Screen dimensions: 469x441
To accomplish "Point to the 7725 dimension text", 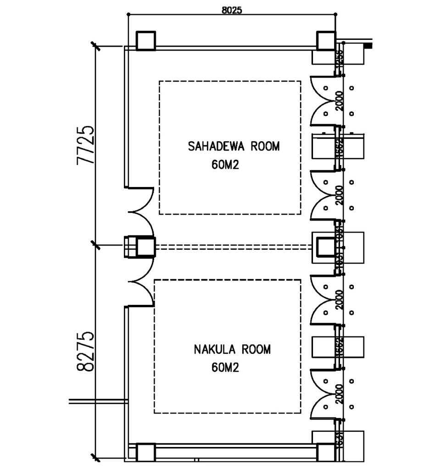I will (x=86, y=144).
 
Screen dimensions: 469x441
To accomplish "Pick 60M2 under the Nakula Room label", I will (x=226, y=367).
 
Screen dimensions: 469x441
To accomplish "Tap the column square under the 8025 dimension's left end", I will (x=146, y=41).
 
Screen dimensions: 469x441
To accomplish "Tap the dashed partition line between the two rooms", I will (x=234, y=247).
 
